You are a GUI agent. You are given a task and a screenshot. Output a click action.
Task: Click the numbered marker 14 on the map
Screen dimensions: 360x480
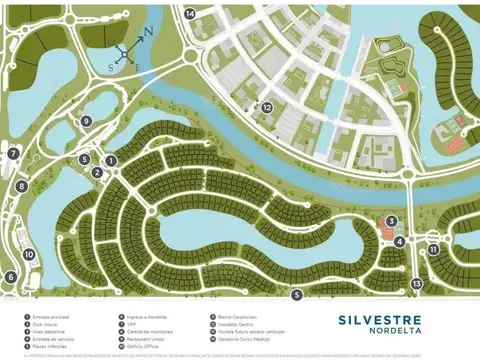click(x=190, y=14)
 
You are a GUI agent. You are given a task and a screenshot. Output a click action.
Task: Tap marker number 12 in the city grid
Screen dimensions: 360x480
click(x=267, y=107)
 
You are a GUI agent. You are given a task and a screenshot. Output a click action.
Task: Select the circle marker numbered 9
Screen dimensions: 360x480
click(x=87, y=121)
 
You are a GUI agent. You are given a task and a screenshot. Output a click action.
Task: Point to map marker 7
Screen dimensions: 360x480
click(x=14, y=154)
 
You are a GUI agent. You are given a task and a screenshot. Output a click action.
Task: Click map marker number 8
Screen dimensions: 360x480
click(x=21, y=186)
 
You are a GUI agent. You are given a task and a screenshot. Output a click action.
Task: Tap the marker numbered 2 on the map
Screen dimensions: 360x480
click(x=97, y=172)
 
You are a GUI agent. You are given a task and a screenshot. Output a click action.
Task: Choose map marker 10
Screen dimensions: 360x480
click(x=29, y=254)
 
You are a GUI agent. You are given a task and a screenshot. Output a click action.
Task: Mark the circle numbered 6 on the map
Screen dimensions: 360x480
click(x=10, y=277)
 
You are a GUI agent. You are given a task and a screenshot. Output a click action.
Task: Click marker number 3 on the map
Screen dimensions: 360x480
click(x=392, y=222)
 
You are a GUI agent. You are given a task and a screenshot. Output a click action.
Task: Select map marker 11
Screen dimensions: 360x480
click(x=433, y=249)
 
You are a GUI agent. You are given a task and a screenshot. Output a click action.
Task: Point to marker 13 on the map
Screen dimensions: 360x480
click(x=416, y=283)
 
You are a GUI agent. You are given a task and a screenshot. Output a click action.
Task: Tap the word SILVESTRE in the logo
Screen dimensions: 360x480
click(x=366, y=320)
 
